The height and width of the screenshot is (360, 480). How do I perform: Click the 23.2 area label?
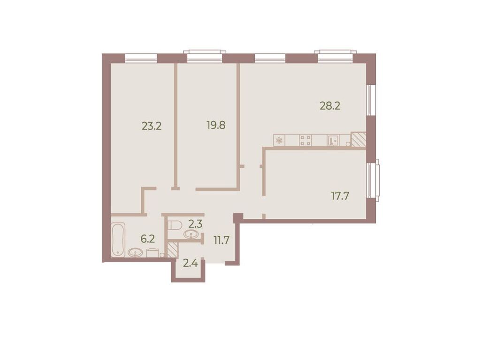152,126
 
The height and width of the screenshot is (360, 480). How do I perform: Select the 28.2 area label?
330,105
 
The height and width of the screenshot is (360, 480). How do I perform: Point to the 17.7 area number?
341,196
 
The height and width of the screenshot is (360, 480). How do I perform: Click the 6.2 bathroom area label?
148,239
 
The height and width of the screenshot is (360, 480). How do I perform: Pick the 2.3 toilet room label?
195,224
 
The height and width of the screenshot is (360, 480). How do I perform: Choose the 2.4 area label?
190,263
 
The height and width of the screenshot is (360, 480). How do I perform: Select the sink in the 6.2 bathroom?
136,252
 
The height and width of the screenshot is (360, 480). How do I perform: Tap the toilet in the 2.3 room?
175,225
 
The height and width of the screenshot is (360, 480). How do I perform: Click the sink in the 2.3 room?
191,234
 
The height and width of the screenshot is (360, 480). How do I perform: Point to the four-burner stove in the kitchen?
305,140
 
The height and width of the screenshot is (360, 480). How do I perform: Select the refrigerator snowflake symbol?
279,140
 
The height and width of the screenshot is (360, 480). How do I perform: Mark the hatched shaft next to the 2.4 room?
172,249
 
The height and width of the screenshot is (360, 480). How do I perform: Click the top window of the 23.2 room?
141,58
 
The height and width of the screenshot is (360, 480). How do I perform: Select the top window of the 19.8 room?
205,57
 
